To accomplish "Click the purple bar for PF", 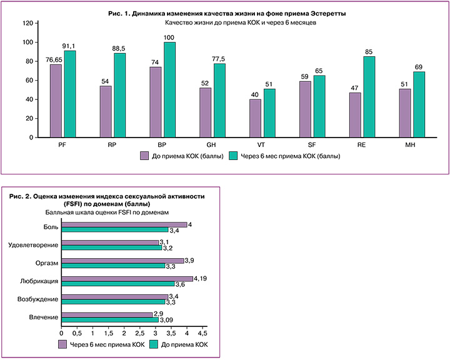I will [x=56, y=101].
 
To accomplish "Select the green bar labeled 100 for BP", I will [x=169, y=89].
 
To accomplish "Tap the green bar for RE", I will [x=369, y=96].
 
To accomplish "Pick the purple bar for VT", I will [x=256, y=117].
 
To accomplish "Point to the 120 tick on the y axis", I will [x=27, y=24].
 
